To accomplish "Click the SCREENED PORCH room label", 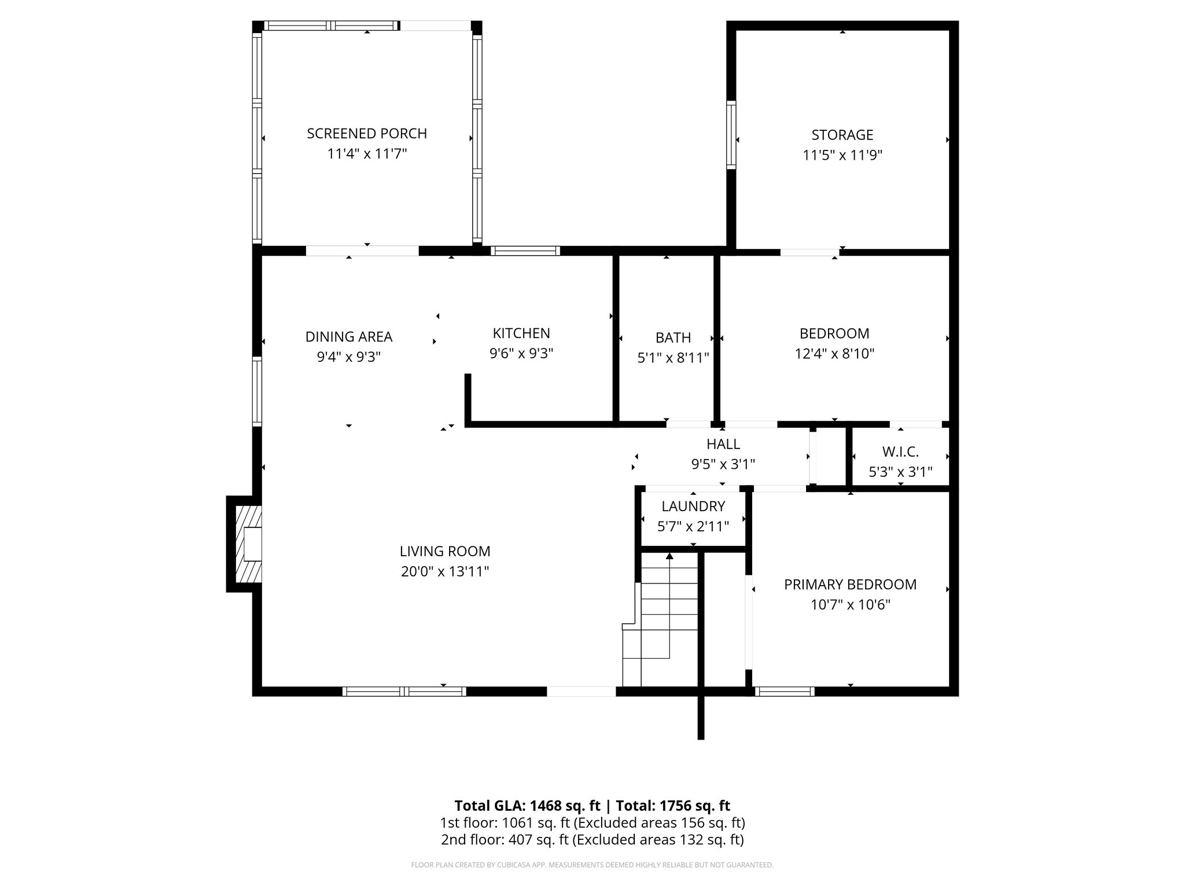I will point(367,134).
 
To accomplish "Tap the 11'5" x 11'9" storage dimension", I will point(842,155).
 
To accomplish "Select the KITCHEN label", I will point(521,333).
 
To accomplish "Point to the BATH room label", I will point(673,337).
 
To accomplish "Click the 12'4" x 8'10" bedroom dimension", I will point(834,354).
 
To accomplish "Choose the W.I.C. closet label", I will point(900,451).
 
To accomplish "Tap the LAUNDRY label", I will point(693,506).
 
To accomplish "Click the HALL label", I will point(723,444).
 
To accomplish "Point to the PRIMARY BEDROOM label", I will point(850,585).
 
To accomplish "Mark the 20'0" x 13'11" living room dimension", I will point(445,572).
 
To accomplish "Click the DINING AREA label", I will point(348,337).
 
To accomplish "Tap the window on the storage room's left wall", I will point(731,134).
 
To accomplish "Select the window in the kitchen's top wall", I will point(525,251).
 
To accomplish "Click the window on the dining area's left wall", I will point(257,392).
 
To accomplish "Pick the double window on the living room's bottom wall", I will point(404,691).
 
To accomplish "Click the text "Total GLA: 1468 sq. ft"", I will point(528,806).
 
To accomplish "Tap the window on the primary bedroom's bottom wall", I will point(785,691).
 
